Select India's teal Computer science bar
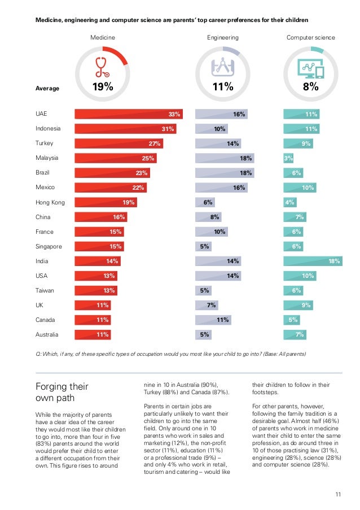[x=313, y=261]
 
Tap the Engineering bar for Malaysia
[x=224, y=158]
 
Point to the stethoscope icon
[x=102, y=67]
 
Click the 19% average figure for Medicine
[x=103, y=87]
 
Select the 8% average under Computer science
[x=311, y=87]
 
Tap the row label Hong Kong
[x=50, y=202]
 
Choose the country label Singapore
[x=49, y=246]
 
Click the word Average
[x=47, y=88]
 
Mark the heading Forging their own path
[x=62, y=393]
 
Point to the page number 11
[x=338, y=495]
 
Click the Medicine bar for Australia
[x=93, y=334]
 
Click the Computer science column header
[x=311, y=38]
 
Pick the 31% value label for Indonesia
[x=168, y=129]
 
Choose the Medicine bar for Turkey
[x=119, y=143]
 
